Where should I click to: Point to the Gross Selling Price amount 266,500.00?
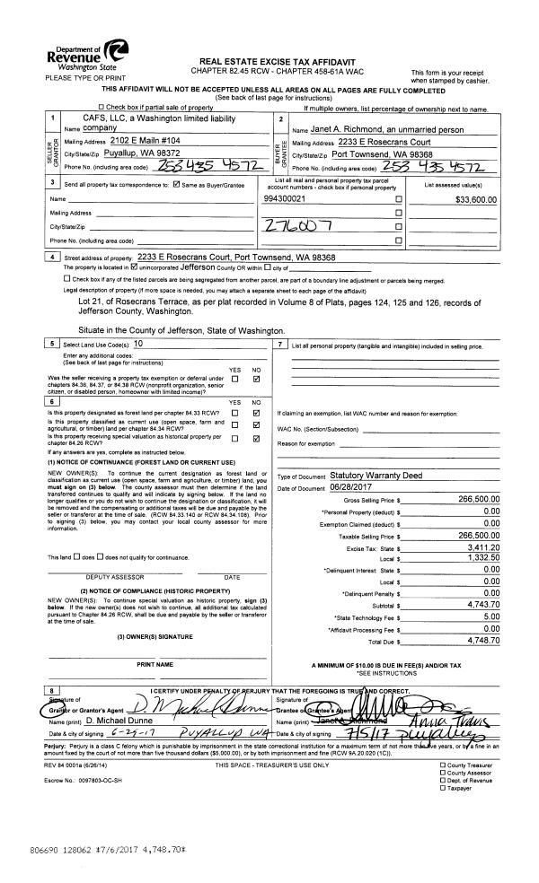478,499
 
